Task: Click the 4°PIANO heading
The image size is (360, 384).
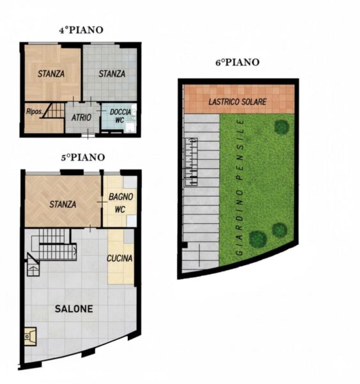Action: [x=81, y=30]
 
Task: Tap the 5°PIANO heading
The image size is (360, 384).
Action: [x=83, y=157]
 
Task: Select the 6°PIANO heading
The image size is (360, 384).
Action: [x=237, y=62]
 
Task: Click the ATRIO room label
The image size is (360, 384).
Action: [x=81, y=118]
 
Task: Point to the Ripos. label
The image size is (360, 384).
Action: [x=35, y=111]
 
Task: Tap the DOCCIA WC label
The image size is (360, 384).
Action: [x=120, y=116]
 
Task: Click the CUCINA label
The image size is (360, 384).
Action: [x=120, y=258]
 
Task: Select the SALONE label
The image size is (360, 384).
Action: [x=74, y=309]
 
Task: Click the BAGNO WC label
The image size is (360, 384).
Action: [x=121, y=203]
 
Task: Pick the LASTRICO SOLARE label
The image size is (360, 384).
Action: [x=237, y=102]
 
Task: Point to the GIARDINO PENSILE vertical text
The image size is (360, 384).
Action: [x=240, y=188]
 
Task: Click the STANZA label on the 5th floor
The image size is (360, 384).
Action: [x=63, y=204]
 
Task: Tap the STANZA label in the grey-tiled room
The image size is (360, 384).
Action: [x=112, y=74]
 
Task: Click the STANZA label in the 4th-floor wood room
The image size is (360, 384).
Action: [x=51, y=74]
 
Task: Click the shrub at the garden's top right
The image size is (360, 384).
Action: [x=281, y=127]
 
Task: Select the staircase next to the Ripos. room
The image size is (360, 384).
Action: [x=53, y=111]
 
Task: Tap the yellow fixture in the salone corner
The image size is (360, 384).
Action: [x=30, y=337]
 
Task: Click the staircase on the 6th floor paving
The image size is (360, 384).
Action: [x=191, y=162]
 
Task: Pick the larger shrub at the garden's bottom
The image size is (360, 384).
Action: [x=258, y=239]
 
